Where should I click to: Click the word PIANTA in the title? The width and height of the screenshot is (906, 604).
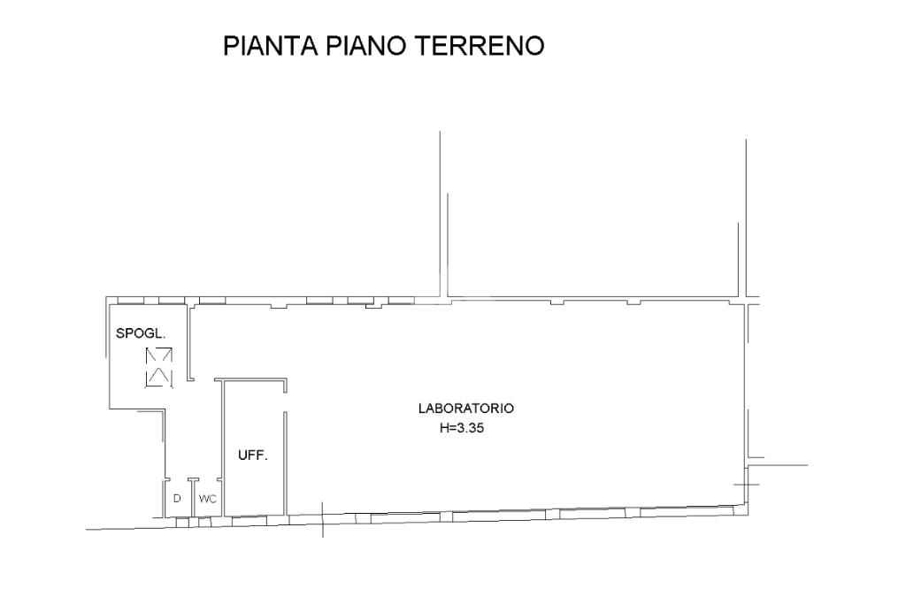click(x=271, y=46)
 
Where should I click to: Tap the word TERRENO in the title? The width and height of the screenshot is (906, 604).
click(x=480, y=46)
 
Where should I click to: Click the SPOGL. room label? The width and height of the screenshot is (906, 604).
click(x=141, y=333)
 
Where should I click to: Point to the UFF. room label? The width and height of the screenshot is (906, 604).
click(x=253, y=455)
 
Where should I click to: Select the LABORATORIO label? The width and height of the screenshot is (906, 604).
click(x=465, y=409)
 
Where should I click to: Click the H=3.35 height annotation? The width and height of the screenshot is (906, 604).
click(x=462, y=428)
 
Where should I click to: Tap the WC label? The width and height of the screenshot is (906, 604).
click(x=207, y=499)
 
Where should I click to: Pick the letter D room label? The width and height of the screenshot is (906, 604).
click(x=177, y=499)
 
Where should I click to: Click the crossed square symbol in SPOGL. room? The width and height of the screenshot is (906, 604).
click(x=159, y=367)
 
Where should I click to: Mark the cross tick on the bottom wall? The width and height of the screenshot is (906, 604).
click(x=322, y=520)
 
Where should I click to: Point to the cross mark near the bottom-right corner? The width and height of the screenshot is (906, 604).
click(x=746, y=484)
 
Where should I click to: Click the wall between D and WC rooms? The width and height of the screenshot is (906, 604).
click(x=192, y=497)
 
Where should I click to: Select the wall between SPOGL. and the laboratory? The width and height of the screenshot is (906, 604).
click(x=188, y=342)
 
